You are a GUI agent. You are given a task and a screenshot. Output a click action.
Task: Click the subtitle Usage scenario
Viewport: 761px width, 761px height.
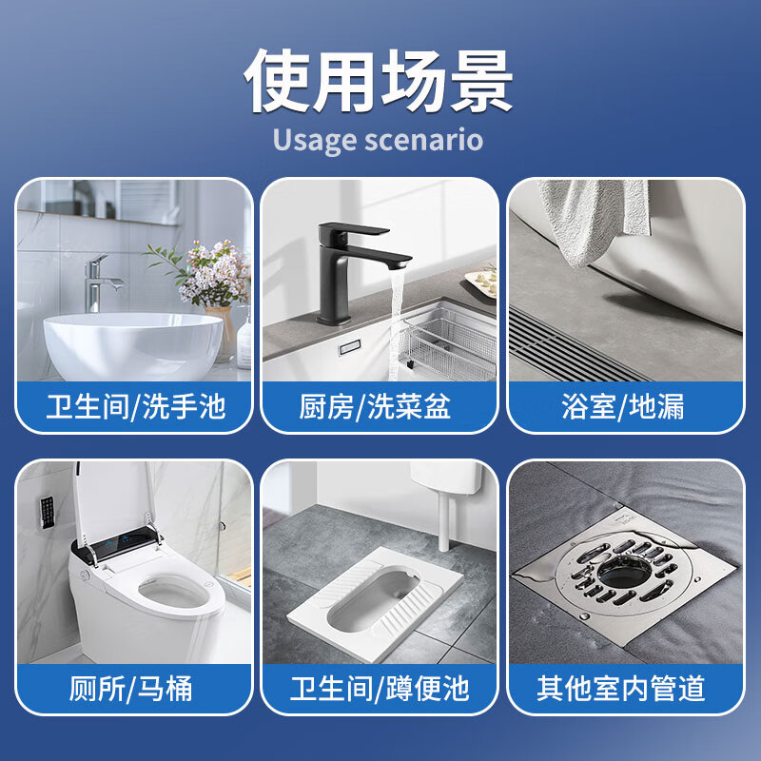379,140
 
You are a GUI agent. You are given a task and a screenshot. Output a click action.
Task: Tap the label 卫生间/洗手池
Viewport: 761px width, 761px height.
135,407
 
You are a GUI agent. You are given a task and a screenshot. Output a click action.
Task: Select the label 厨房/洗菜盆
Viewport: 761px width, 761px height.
380,407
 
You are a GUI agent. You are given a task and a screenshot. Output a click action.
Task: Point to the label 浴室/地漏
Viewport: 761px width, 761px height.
624,407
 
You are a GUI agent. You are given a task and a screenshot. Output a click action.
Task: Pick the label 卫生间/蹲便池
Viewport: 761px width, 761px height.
380,688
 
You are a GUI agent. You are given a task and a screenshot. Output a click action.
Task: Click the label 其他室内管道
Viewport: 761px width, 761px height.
624,688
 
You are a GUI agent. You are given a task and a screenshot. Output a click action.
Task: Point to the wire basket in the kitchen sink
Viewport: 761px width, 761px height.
447,342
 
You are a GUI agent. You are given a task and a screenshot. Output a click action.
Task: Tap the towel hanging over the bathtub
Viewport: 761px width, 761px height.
595,219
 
